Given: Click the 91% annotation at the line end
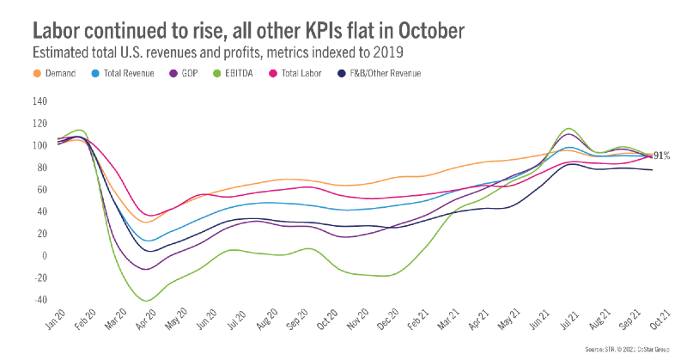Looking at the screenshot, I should click(x=662, y=156).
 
